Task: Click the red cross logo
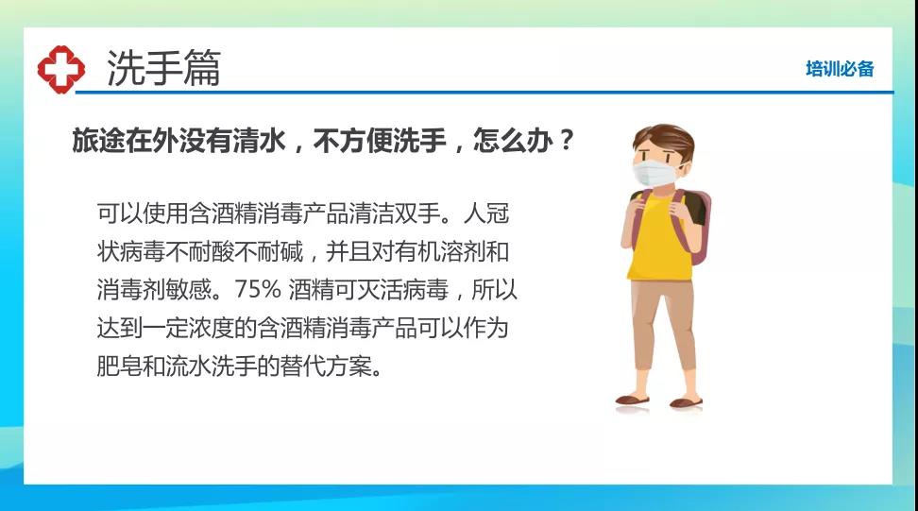[60, 70]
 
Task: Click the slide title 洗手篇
[164, 68]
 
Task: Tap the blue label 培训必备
[840, 69]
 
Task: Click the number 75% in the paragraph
[258, 289]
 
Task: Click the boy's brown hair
[664, 139]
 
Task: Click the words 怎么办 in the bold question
[513, 140]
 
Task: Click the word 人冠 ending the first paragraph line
[486, 213]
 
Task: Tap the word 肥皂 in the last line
[119, 366]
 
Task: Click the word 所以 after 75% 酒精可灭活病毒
[495, 290]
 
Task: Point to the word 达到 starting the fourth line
[119, 328]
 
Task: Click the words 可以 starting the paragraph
[119, 213]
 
